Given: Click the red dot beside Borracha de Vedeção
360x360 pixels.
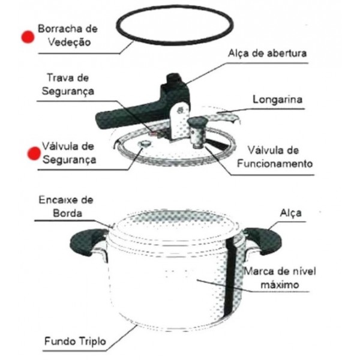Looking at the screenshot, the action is (28, 37).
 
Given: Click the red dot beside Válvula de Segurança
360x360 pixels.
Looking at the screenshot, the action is (34, 154).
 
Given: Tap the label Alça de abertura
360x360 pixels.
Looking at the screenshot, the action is (267, 54).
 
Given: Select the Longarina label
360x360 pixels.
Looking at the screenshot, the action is (277, 100).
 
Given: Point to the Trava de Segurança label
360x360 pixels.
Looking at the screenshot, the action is (68, 85).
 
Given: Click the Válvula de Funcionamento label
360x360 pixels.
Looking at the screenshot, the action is (275, 157).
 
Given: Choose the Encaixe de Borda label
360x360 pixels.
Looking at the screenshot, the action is (66, 206).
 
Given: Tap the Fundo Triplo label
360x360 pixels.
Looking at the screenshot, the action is (75, 341).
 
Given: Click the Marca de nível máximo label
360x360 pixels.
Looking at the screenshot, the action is (280, 278).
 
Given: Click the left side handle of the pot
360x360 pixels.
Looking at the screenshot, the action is (87, 242).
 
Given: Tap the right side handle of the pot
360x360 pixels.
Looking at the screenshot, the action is (264, 241).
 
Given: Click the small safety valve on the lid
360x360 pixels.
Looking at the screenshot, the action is (145, 145).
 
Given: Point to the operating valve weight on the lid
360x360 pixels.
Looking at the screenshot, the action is (197, 132).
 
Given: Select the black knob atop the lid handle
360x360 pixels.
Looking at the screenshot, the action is (174, 79).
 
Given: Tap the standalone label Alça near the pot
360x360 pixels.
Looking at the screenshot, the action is (290, 213).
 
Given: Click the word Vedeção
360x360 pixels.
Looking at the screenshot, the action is (69, 42).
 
